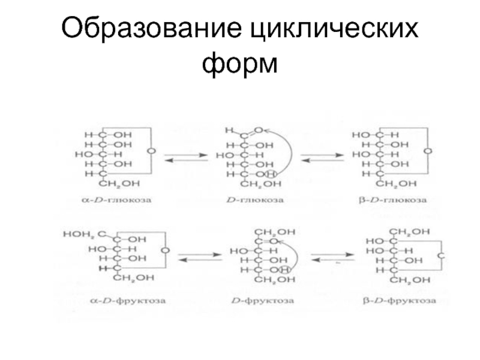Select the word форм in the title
pos(240,62)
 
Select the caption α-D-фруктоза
pos(114,299)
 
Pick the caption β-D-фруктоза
pos(400,299)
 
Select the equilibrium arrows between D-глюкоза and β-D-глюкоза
pos(322,157)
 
